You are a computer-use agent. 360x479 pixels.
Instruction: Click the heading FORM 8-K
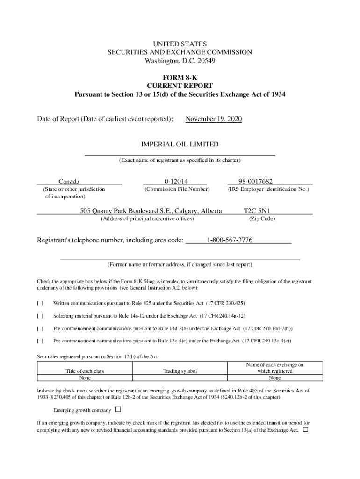pos(180,78)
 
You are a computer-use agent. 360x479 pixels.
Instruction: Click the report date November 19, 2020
pos(214,119)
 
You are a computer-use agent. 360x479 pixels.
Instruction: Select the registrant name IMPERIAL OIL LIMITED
pos(180,145)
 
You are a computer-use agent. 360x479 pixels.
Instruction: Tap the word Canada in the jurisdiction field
pos(69,181)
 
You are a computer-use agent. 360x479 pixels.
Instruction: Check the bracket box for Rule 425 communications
pos(40,303)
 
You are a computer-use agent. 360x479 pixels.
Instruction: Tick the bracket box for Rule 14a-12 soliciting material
pos(40,316)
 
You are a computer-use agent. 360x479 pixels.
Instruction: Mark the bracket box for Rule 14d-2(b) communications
pos(40,328)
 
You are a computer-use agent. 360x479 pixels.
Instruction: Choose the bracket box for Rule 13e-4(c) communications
pos(40,341)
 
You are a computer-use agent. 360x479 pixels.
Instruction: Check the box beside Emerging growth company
pos(118,409)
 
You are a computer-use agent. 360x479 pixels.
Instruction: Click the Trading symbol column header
pos(180,371)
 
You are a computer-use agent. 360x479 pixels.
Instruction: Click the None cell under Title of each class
pos(85,378)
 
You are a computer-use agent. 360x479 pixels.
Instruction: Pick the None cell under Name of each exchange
pos(274,378)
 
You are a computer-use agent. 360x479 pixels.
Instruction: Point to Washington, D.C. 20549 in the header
pos(180,61)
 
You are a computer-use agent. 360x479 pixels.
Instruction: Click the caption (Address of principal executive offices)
pos(147,219)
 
